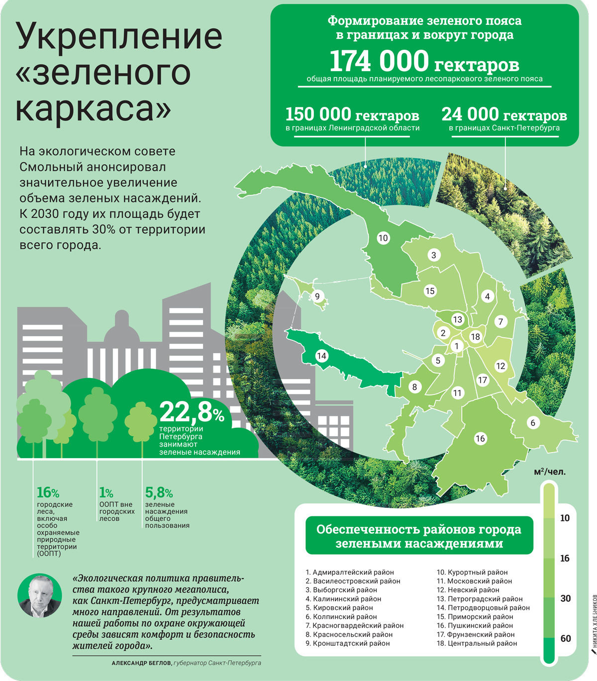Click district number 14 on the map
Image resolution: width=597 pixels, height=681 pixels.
321,356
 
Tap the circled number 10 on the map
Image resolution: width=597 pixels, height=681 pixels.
383,238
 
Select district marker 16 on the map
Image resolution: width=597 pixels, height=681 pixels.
480,438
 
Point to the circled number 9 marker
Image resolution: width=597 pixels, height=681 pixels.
317,297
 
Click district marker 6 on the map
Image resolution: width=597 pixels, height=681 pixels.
533,423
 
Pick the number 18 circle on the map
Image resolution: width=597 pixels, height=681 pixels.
476,337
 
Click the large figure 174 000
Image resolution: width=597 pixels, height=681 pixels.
379,62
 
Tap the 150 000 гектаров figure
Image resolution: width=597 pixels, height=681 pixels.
352,115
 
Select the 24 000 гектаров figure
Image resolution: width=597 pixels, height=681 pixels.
504,115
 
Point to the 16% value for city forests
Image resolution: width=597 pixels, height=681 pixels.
48,492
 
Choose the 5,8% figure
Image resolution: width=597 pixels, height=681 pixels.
159,493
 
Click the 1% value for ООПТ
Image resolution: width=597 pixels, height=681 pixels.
106,493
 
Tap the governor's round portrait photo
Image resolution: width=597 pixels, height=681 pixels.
39,596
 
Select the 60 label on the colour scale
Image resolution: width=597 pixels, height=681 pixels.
566,638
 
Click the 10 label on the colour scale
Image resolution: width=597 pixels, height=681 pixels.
565,518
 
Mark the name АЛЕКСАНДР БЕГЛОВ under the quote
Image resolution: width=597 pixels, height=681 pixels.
141,663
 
